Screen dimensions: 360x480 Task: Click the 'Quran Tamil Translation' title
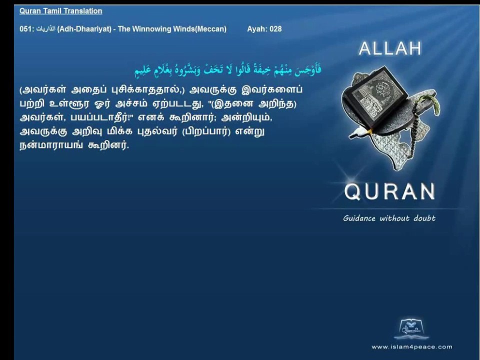[60, 11]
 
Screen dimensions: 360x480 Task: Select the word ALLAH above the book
[390, 48]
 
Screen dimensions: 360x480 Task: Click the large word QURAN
[390, 191]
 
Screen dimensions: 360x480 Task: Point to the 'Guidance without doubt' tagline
[389, 218]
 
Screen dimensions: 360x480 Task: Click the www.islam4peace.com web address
[411, 346]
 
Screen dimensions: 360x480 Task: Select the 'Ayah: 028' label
[264, 29]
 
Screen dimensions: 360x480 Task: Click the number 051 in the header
[26, 29]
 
